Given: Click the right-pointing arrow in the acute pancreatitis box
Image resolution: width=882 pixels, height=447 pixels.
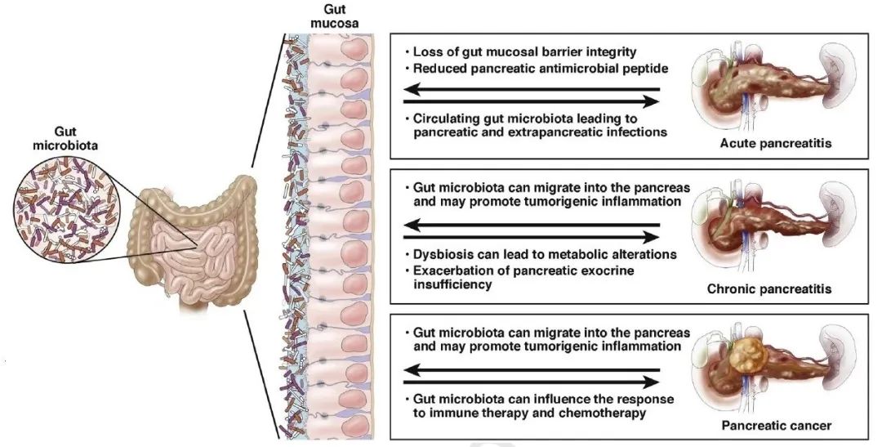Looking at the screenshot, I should [x=532, y=102].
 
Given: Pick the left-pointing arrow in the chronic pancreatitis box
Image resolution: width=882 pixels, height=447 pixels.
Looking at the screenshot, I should [x=532, y=225].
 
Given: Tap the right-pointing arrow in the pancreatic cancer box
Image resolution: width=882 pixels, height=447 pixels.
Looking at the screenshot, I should [x=532, y=382].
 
